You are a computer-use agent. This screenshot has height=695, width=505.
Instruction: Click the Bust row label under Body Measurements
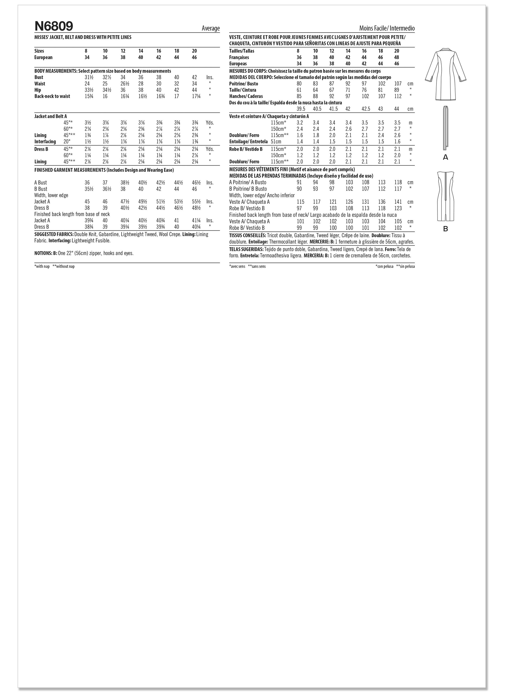coord(39,78)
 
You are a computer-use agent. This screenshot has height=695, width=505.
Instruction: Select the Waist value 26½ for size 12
coord(123,84)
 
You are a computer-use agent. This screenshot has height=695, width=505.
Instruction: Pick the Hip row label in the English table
coord(38,90)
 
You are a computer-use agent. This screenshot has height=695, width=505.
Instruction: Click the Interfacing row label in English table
coord(45,142)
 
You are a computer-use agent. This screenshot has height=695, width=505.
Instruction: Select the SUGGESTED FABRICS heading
coord(54,234)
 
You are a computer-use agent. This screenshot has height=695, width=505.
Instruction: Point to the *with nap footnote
coord(42,267)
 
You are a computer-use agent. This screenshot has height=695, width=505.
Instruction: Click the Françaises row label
coord(239,57)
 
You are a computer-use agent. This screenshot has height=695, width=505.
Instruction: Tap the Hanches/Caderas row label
coord(246,96)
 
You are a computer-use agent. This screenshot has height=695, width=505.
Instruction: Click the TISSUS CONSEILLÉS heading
coord(248,235)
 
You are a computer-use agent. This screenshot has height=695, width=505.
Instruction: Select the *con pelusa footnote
coord(384,267)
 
